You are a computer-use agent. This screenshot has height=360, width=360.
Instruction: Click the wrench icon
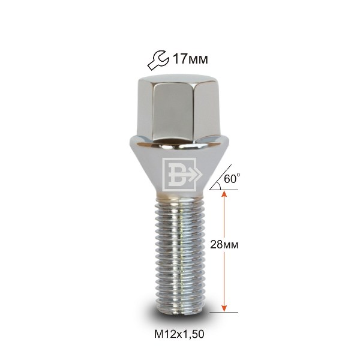coord(158,60)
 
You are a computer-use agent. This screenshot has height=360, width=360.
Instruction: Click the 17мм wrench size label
coord(190,59)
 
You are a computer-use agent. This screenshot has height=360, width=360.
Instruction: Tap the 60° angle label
coord(232,179)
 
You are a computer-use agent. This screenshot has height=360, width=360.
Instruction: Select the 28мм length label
coord(224,245)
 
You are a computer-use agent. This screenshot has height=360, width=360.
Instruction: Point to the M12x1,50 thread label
coord(179,334)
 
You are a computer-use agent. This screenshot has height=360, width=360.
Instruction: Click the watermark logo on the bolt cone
coord(182,175)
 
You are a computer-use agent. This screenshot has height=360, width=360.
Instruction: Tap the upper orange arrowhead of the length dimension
coord(224,194)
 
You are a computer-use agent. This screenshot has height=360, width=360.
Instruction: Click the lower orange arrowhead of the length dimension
coord(224,308)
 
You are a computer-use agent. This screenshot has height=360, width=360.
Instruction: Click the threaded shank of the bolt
coord(179,256)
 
